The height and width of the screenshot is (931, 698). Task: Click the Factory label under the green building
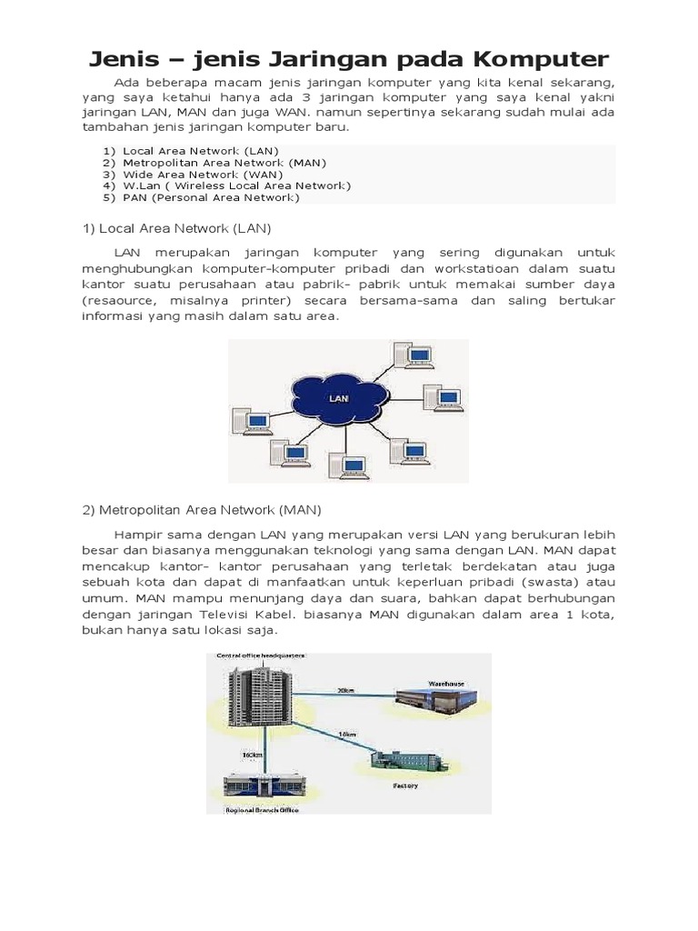405,785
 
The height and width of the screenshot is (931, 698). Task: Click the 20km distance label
345,690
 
